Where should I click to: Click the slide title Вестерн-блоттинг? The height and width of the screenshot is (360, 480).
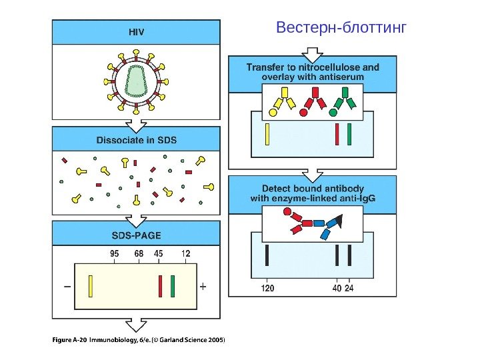pyautogui.click(x=341, y=29)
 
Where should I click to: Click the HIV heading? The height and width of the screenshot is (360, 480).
pyautogui.click(x=136, y=31)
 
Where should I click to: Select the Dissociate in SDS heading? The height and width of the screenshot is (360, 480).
pyautogui.click(x=136, y=140)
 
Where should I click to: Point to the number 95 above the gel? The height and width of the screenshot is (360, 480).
pyautogui.click(x=115, y=253)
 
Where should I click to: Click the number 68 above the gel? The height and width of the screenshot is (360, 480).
pyautogui.click(x=139, y=253)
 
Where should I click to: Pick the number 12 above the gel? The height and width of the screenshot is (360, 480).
pyautogui.click(x=185, y=253)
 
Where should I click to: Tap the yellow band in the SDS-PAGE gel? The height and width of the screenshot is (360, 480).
pyautogui.click(x=90, y=285)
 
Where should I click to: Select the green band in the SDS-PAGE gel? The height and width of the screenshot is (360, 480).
pyautogui.click(x=172, y=285)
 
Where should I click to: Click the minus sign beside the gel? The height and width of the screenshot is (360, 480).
pyautogui.click(x=67, y=287)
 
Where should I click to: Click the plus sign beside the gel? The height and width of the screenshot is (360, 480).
pyautogui.click(x=203, y=287)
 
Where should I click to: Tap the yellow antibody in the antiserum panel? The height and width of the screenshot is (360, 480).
pyautogui.click(x=278, y=104)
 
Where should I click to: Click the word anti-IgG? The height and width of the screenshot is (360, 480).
pyautogui.click(x=356, y=198)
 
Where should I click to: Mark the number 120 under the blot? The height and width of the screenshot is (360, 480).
pyautogui.click(x=267, y=289)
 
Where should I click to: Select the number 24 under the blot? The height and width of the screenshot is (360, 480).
pyautogui.click(x=350, y=289)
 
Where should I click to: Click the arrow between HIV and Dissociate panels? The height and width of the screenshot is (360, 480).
pyautogui.click(x=136, y=124)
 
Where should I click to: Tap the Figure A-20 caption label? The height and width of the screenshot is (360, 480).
pyautogui.click(x=69, y=341)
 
